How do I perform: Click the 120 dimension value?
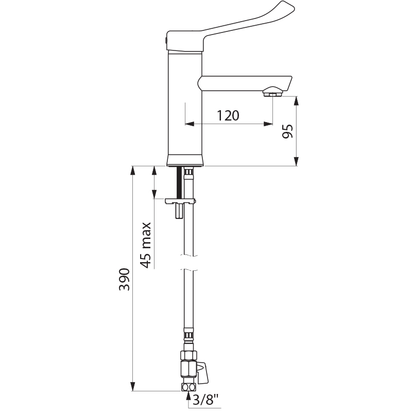click(228, 115)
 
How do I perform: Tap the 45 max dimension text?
click(146, 245)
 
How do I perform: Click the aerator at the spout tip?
click(273, 93)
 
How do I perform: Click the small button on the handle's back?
click(166, 39)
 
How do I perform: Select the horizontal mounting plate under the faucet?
click(180, 201)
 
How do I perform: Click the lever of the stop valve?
click(203, 372)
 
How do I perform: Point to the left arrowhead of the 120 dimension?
click(189, 124)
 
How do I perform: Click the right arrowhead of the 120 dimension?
click(268, 124)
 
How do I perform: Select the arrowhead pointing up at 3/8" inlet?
click(188, 396)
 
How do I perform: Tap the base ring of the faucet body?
click(185, 160)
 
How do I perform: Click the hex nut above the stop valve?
click(188, 355)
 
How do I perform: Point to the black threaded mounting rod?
click(179, 183)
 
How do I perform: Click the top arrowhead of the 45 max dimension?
click(154, 170)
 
